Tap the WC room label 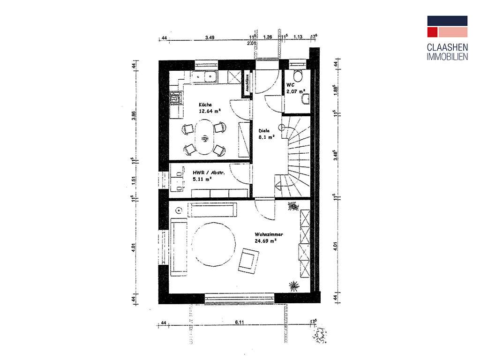[x=290, y=85]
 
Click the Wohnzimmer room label [x=269, y=234]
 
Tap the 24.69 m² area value [x=266, y=240]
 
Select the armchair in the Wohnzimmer [x=248, y=261]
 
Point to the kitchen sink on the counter [x=206, y=76]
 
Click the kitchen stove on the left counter [x=176, y=97]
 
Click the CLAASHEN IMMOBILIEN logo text [x=447, y=52]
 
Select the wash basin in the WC [x=306, y=98]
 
